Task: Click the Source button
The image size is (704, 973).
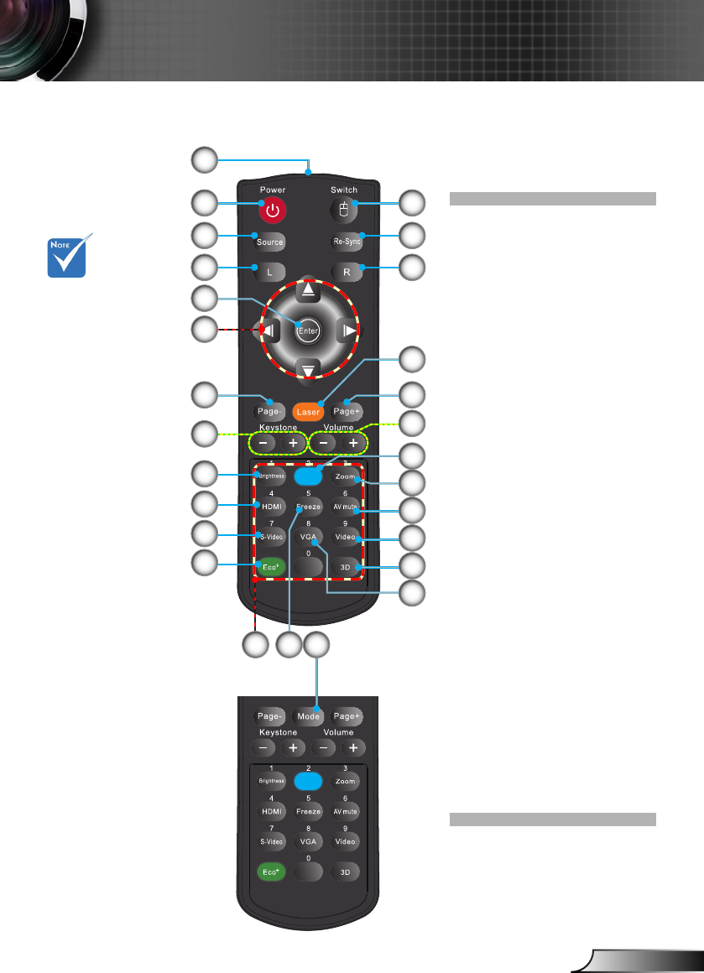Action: pos(270,242)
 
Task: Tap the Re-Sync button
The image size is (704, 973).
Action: pos(347,242)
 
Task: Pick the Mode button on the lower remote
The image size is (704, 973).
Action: pos(309,717)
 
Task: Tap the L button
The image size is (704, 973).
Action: pos(270,272)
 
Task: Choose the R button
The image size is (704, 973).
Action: pos(347,272)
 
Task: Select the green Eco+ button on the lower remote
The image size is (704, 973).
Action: pos(270,872)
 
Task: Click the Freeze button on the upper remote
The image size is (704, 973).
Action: pos(309,507)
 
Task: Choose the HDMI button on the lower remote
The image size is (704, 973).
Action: pos(270,812)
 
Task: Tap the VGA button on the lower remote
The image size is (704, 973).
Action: pos(309,841)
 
